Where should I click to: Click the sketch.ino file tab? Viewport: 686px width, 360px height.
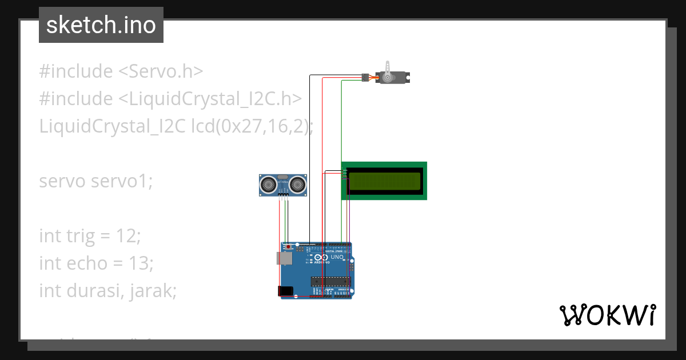click(x=101, y=25)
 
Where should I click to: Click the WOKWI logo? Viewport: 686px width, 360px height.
click(x=607, y=315)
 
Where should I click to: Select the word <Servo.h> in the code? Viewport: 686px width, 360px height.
click(x=160, y=71)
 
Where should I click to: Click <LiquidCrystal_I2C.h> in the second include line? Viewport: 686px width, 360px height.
click(x=210, y=99)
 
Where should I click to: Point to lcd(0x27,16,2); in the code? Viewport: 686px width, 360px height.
click(x=252, y=126)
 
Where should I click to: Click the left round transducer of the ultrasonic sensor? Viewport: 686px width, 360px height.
click(x=267, y=184)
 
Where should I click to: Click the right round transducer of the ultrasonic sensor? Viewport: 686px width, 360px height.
click(x=297, y=184)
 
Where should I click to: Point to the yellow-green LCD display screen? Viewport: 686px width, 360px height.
click(x=384, y=181)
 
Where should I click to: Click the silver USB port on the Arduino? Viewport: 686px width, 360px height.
click(x=285, y=259)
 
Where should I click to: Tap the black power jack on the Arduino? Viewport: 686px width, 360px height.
click(x=286, y=291)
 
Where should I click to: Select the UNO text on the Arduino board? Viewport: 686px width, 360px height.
click(x=337, y=257)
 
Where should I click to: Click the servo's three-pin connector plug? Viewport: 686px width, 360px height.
click(x=365, y=77)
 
